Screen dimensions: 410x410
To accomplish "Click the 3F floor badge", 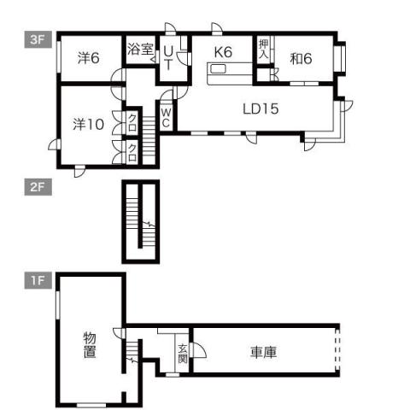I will point(36,38).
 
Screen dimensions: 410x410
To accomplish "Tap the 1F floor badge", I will point(36,279).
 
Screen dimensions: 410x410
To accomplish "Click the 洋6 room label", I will point(88,58).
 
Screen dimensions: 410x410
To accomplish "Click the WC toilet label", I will point(167,116).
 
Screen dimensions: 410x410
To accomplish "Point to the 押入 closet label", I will point(264,50).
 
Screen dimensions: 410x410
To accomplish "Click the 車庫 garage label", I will point(262,351).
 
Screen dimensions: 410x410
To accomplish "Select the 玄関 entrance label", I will point(183,354).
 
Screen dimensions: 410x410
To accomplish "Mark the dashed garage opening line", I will point(339,349).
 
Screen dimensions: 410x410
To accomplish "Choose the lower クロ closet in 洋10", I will point(133,152).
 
